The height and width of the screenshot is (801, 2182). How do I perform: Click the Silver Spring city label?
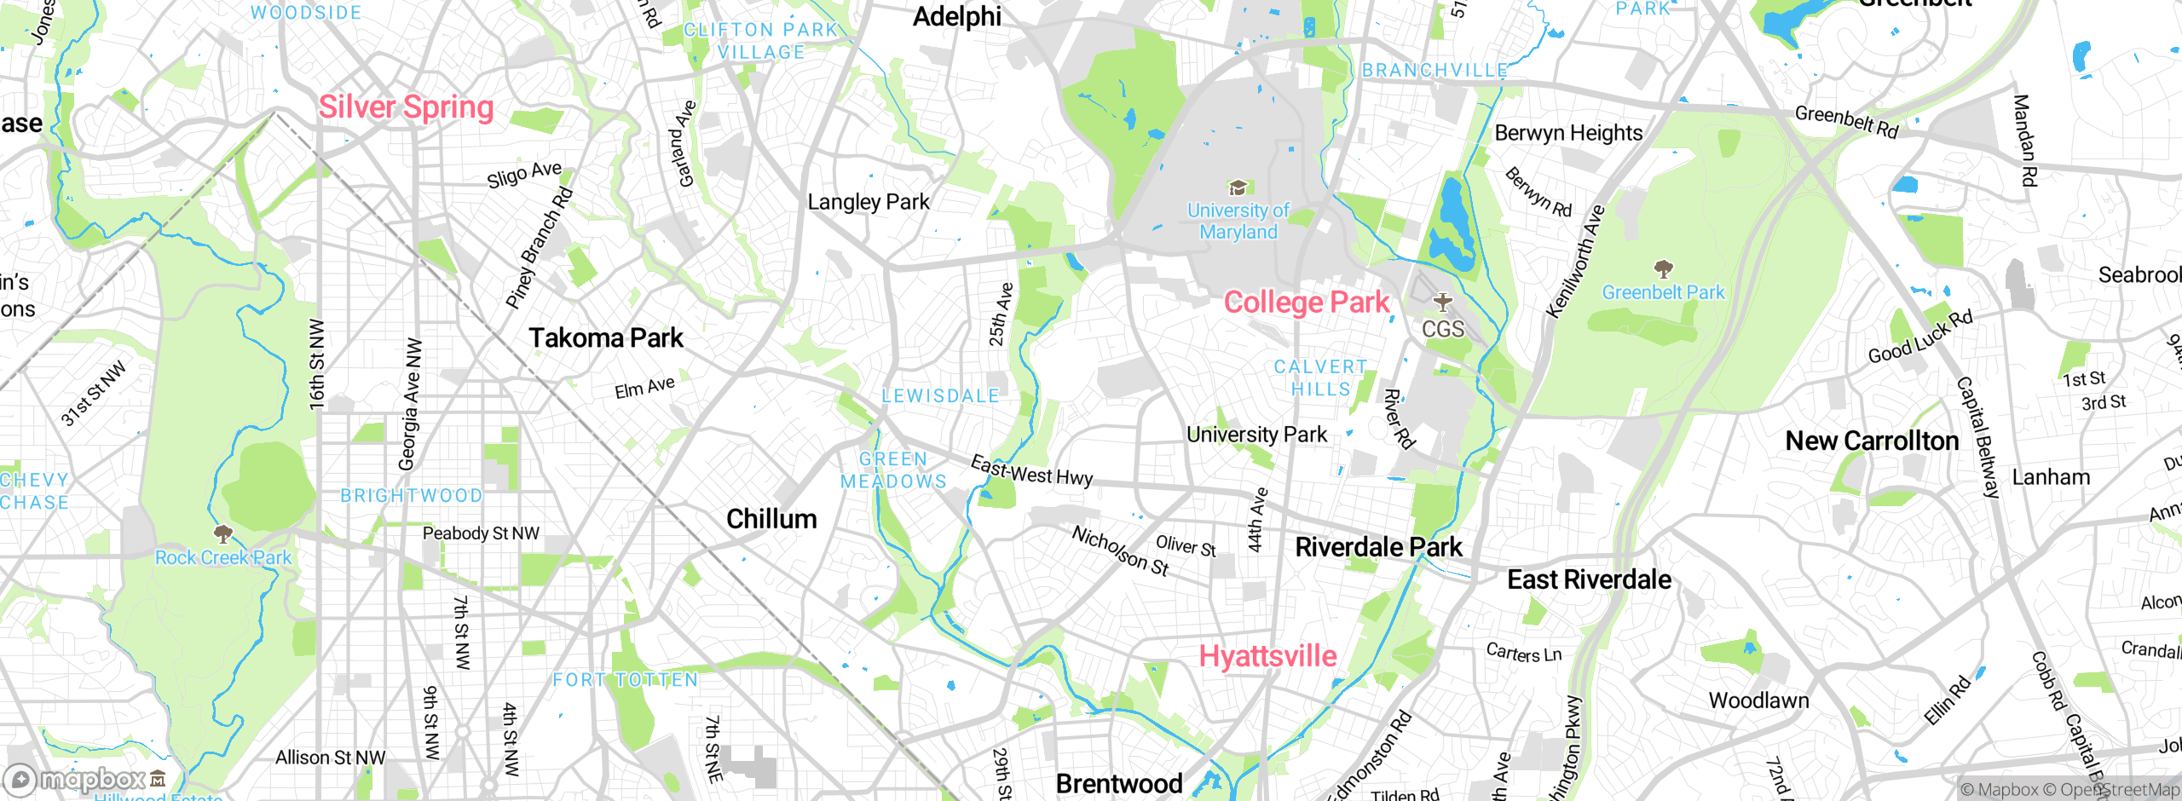406,107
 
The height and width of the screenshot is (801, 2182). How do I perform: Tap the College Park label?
1306,303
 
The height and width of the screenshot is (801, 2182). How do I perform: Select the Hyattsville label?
1267,656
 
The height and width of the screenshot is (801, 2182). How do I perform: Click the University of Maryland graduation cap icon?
1238,187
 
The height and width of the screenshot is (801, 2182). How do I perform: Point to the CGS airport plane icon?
1442,303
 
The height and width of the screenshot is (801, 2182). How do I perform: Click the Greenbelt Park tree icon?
1663,270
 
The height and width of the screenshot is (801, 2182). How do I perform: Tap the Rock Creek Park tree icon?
223,534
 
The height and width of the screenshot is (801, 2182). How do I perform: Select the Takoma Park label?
605,338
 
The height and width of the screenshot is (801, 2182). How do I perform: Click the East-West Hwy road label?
1031,471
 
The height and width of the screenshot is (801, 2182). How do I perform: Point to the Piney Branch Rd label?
539,247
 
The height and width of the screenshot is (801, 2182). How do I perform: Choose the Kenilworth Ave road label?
1575,262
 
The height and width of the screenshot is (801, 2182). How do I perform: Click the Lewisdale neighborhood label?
940,396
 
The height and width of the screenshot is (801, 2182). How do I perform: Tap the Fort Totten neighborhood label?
625,680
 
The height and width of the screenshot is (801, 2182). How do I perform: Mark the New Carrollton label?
1872,441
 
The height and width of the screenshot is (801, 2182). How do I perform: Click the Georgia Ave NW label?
411,405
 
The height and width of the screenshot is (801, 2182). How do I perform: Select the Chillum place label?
771,519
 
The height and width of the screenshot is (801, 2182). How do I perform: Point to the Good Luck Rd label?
1920,337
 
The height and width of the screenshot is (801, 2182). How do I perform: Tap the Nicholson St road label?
1120,550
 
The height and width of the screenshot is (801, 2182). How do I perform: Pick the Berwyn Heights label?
1568,134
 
